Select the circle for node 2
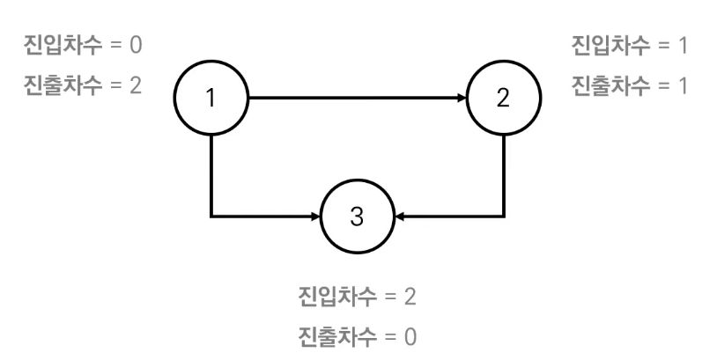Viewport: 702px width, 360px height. [x=503, y=98]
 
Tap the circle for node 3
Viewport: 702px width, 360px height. [x=357, y=216]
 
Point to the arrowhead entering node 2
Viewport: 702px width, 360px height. [x=461, y=98]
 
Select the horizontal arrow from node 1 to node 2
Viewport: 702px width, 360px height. [x=352, y=98]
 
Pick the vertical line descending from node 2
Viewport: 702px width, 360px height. [x=503, y=176]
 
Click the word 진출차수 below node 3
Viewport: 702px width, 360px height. [x=336, y=336]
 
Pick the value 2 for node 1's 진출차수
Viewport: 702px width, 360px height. [x=136, y=84]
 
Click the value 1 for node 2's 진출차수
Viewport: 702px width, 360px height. [x=683, y=84]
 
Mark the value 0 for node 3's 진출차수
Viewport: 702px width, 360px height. [x=410, y=336]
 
